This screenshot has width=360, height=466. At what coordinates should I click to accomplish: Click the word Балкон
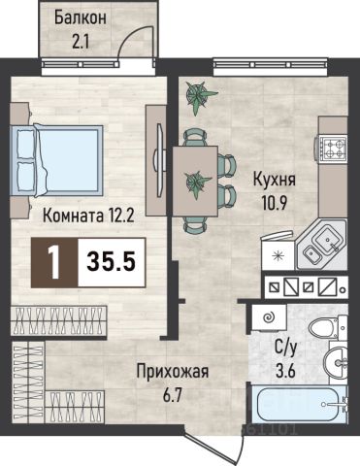click(x=81, y=18)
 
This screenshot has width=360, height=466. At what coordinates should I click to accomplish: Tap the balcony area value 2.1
click(x=81, y=42)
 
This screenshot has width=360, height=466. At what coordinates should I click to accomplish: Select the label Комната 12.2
click(x=88, y=216)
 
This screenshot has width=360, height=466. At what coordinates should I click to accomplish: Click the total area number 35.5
click(x=111, y=262)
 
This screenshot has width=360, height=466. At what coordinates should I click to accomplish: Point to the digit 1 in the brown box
click(x=54, y=262)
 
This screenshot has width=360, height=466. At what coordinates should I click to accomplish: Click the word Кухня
click(x=275, y=180)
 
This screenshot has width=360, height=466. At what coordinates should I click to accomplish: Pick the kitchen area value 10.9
click(x=275, y=203)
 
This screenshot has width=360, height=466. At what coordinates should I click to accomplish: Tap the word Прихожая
click(x=173, y=372)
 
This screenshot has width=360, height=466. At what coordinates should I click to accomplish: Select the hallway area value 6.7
click(x=173, y=395)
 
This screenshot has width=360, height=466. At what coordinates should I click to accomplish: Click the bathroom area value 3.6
click(x=285, y=371)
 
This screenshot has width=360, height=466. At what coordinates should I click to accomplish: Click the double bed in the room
click(x=56, y=160)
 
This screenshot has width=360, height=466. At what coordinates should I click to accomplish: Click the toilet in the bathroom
click(x=328, y=327)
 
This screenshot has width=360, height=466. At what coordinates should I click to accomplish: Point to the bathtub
click(x=298, y=404)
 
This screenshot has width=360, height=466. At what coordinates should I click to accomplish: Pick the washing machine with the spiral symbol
click(x=269, y=317)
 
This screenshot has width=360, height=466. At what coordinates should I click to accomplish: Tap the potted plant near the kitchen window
click(x=199, y=97)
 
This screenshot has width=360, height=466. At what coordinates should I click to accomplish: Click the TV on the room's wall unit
click(x=159, y=159)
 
